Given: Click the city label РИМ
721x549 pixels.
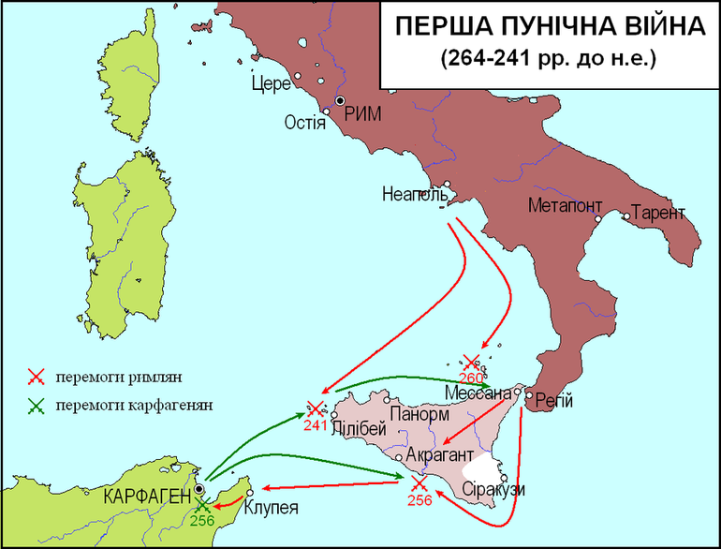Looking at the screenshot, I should [x=364, y=113].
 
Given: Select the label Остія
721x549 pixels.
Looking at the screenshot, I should [x=304, y=123].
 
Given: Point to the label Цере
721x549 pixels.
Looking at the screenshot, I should [x=271, y=84].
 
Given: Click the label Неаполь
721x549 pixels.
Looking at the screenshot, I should [x=411, y=196].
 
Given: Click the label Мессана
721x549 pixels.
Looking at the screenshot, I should [x=478, y=393].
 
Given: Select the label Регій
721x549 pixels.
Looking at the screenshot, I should [x=554, y=402].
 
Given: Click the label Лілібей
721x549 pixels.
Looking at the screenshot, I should [x=359, y=429].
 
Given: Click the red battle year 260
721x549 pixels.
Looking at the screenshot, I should [x=472, y=378].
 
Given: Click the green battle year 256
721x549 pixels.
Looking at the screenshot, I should [x=202, y=521].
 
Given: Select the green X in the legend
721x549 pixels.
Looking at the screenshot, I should [x=37, y=406].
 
